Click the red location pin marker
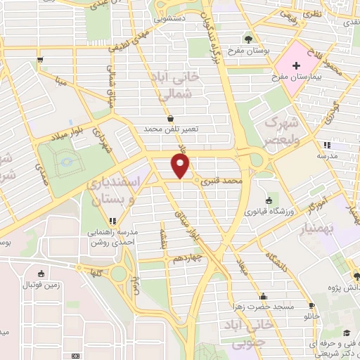point(182,166)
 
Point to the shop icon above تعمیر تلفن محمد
point(171,118)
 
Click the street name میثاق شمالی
point(110,83)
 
